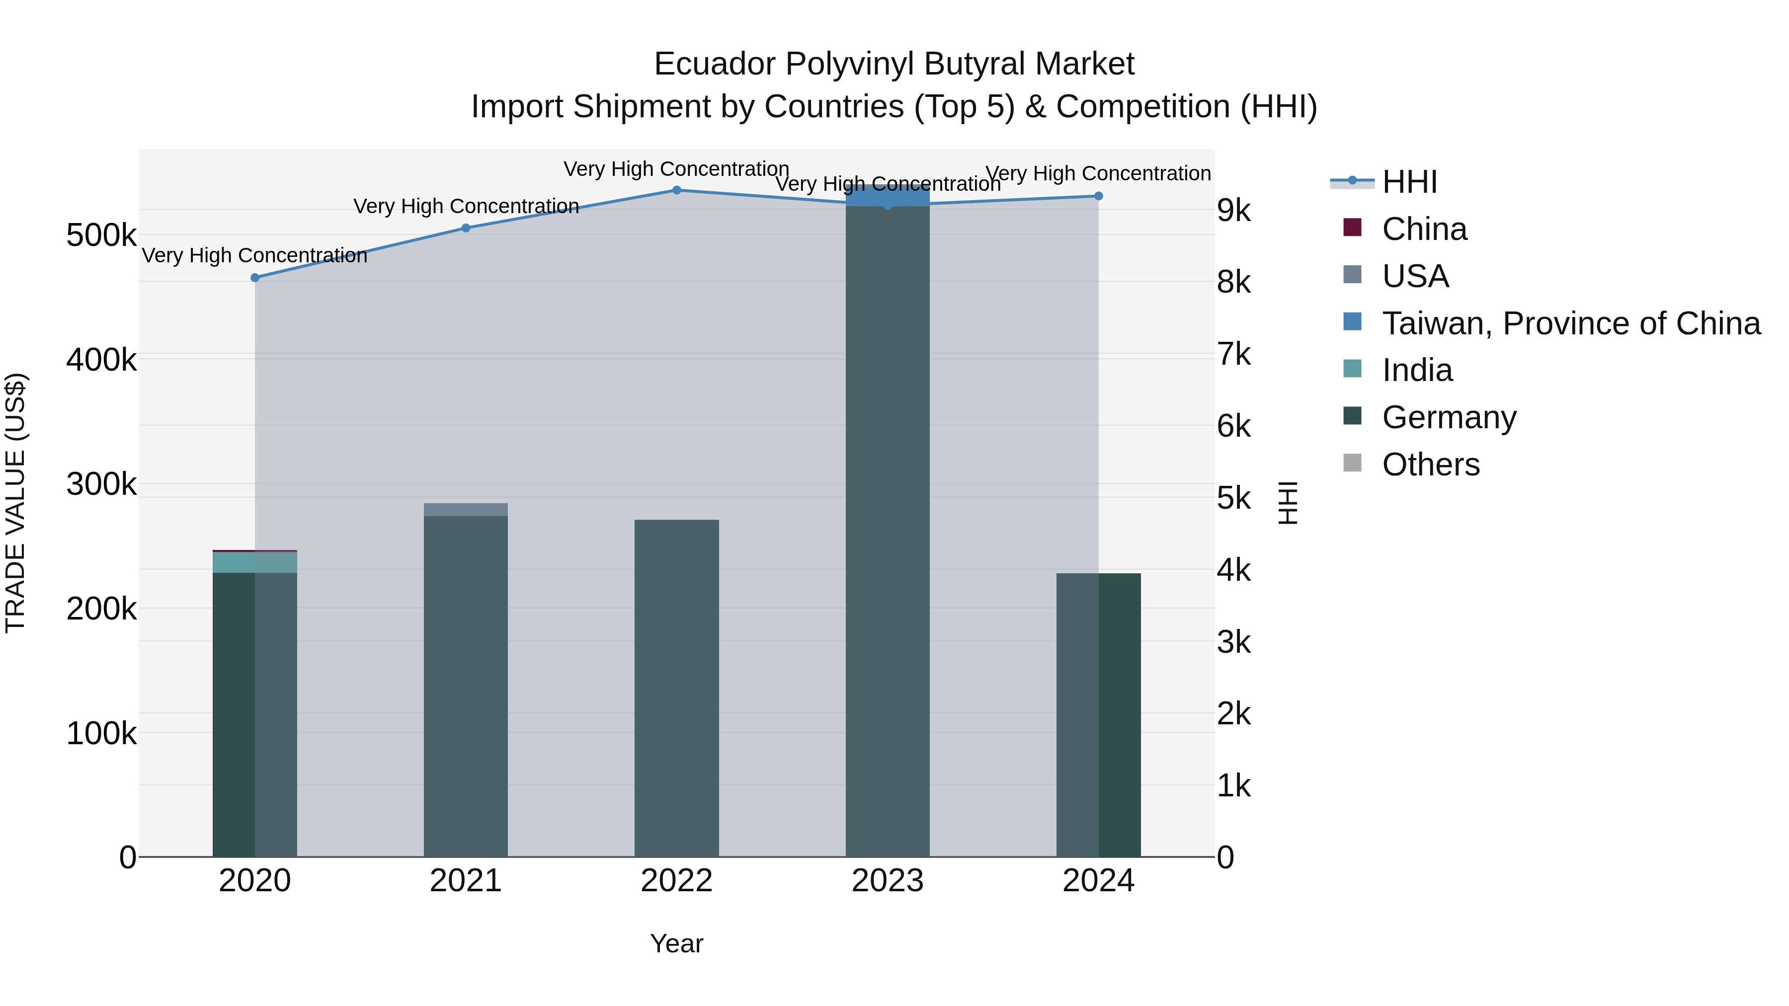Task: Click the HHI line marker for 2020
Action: (255, 278)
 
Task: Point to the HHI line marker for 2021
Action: (466, 229)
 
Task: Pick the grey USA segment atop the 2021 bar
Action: (466, 510)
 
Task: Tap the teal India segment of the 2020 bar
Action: (255, 562)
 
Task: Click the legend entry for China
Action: (1424, 229)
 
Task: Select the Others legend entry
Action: (1431, 464)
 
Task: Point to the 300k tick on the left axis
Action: (101, 484)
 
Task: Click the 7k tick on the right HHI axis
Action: (1234, 355)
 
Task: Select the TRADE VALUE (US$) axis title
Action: (15, 503)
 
